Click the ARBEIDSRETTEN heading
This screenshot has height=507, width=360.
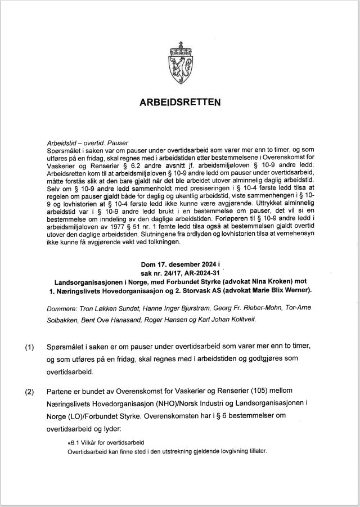coord(180,102)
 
